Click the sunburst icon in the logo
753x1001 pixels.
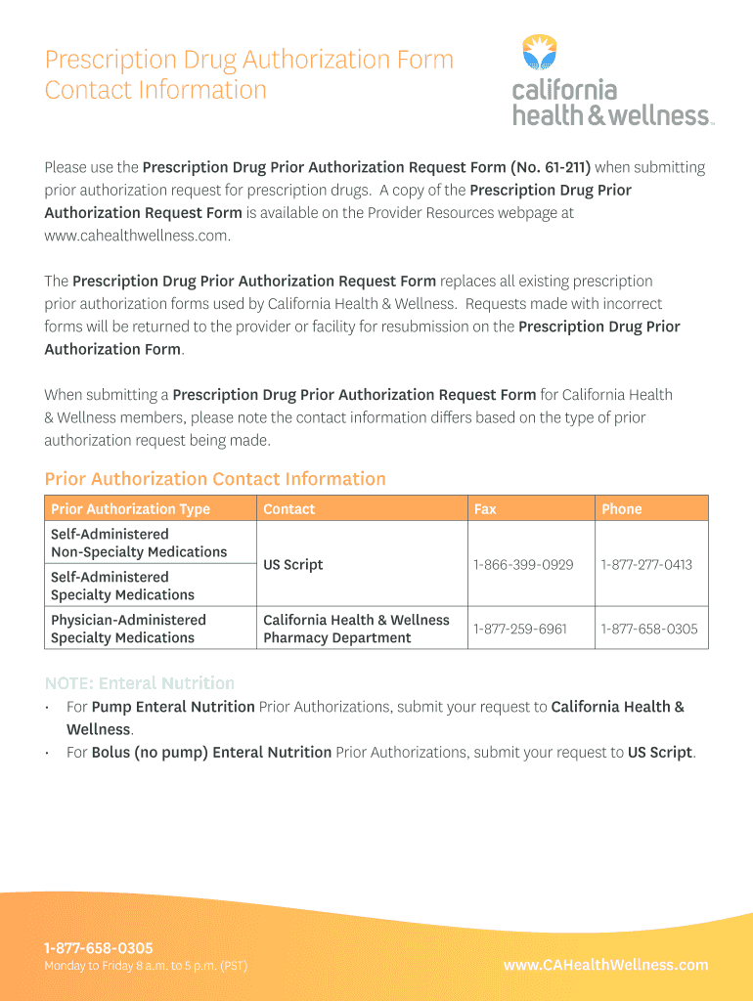[x=539, y=52]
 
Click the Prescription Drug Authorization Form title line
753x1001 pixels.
[x=249, y=60]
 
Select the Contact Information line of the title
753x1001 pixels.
[x=155, y=90]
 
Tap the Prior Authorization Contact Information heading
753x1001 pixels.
[x=215, y=479]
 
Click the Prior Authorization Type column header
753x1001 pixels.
[x=130, y=509]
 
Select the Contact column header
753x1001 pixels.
[x=289, y=509]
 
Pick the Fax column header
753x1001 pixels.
[x=485, y=509]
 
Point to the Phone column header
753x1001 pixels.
[x=622, y=509]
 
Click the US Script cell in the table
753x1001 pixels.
[x=293, y=565]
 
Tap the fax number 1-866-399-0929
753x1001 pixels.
[x=523, y=565]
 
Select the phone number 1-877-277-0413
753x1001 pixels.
[x=646, y=565]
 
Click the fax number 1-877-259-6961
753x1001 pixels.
[x=520, y=629]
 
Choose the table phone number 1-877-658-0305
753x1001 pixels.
[x=649, y=629]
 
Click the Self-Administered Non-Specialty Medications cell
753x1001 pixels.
[x=139, y=544]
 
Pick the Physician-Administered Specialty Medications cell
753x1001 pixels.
[x=129, y=629]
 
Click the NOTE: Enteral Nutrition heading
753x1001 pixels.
[x=140, y=683]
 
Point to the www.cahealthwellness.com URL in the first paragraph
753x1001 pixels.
[x=137, y=236]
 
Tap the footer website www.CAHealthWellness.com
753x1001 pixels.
[x=605, y=965]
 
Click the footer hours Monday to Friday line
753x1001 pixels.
[x=146, y=966]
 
